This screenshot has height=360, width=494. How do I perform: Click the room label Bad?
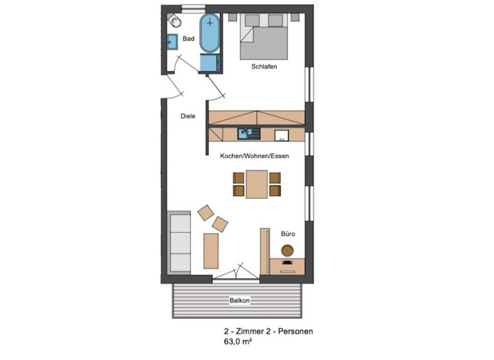(188, 39)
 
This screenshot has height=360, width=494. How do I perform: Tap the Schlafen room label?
(264, 66)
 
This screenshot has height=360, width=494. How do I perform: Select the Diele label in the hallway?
(188, 116)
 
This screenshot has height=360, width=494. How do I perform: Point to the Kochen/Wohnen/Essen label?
(255, 156)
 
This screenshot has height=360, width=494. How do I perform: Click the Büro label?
(288, 235)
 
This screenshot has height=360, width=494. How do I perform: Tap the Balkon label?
(239, 300)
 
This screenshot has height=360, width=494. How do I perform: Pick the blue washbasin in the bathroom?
(171, 42)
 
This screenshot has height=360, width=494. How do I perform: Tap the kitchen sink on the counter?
(248, 134)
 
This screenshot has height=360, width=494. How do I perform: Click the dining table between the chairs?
(257, 184)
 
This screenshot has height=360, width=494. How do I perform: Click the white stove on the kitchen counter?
(281, 134)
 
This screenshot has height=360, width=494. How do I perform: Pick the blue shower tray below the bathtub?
(210, 62)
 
